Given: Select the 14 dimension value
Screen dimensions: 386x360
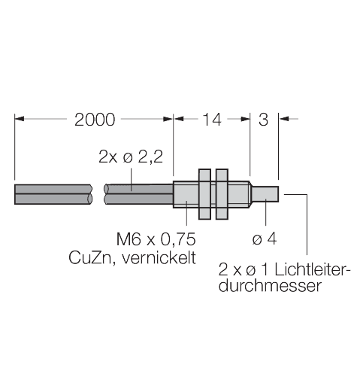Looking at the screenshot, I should tap(212, 119).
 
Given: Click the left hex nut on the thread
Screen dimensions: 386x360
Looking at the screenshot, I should tap(204, 193).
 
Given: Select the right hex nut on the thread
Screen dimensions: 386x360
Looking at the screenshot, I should tap(222, 193).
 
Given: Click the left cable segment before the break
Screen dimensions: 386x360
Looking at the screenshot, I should tap(53, 193).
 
